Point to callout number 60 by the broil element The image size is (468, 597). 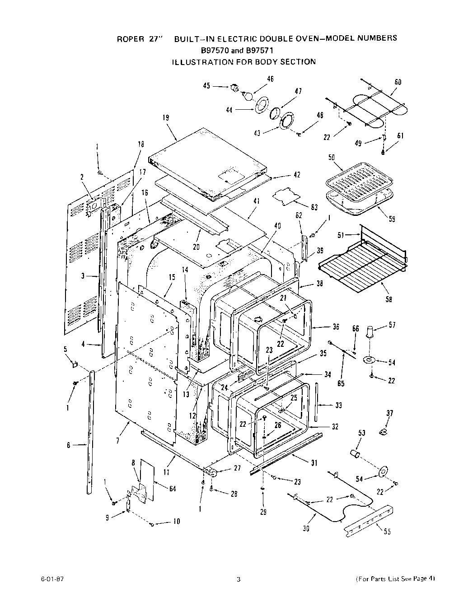[x=398, y=82]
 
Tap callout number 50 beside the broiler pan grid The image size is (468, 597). [x=332, y=157]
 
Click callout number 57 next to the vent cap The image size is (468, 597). [x=392, y=325]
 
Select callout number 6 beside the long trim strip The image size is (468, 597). [x=69, y=445]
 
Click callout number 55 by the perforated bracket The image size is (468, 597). [x=387, y=532]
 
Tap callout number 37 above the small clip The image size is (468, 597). [x=390, y=413]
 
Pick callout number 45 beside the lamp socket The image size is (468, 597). [x=206, y=86]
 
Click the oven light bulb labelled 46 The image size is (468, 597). [x=247, y=95]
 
